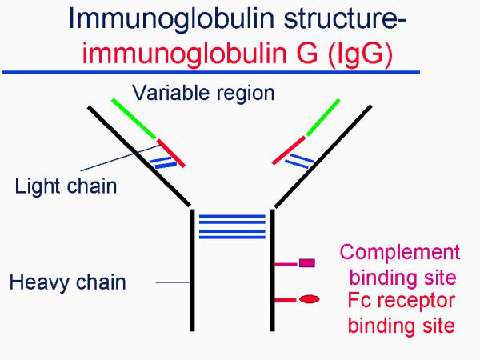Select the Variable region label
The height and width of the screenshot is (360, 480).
203,93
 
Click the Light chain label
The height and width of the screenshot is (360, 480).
66,187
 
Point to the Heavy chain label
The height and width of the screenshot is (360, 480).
68,282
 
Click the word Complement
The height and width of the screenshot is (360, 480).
400,253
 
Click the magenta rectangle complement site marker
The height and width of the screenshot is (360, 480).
306,262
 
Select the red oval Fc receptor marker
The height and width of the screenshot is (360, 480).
310,300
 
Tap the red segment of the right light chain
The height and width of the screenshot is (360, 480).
289,151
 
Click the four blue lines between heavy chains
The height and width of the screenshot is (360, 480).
231,226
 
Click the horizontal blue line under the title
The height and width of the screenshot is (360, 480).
211,71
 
